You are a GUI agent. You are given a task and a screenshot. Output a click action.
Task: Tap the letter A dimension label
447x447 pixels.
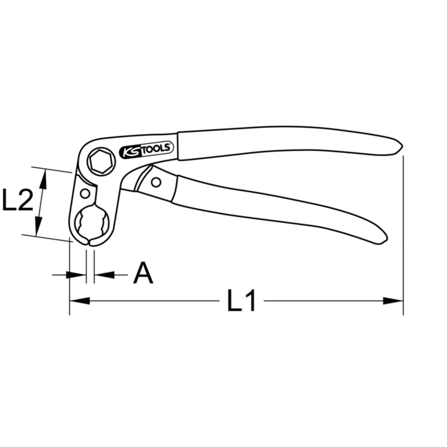tap(143, 273)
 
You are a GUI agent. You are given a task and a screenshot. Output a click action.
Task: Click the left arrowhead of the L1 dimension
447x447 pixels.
tap(80, 301)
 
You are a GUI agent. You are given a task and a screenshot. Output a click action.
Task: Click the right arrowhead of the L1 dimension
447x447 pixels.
tap(393, 301)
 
